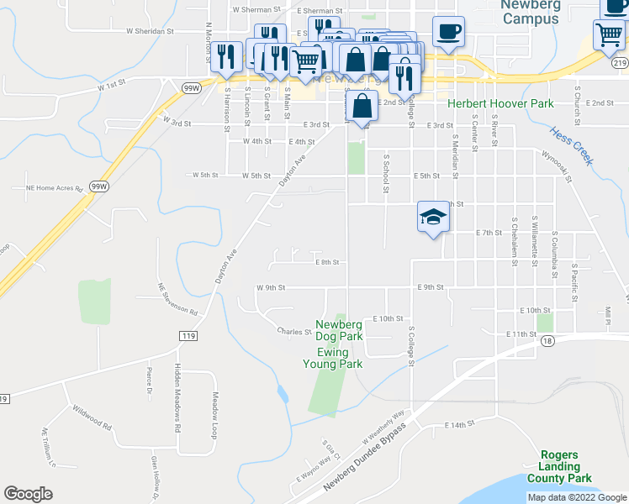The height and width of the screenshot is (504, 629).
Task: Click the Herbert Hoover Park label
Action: coord(500,103)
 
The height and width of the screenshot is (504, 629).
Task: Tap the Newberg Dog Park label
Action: coord(339,330)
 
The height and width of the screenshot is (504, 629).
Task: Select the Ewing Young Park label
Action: coord(332,358)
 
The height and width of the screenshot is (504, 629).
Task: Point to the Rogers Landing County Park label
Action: coord(559,466)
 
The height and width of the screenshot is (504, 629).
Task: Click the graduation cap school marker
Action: coord(432,218)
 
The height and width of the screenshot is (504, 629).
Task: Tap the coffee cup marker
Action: coord(448,32)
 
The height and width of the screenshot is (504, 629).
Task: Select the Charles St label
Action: coord(294,332)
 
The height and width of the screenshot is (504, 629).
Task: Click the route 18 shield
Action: coord(547,339)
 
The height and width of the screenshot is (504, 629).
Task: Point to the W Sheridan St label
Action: coord(149,30)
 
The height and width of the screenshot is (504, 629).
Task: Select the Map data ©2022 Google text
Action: coord(578,497)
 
